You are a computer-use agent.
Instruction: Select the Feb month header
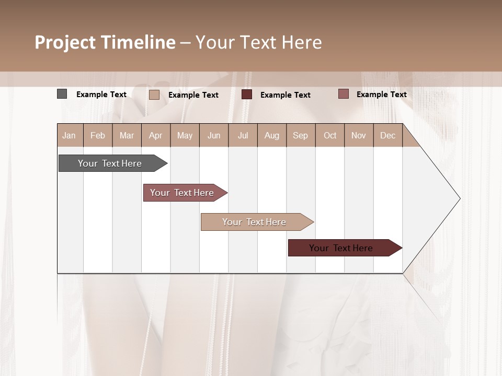98,135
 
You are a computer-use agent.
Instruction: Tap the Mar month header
127,135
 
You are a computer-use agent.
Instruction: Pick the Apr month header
156,135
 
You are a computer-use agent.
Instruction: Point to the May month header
185,135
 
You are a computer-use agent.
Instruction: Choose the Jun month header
214,135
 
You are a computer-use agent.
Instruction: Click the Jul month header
243,135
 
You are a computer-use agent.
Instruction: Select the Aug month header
272,135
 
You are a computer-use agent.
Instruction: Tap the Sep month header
301,135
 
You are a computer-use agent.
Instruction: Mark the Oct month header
330,135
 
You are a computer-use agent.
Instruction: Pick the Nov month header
359,135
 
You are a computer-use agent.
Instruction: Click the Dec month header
388,135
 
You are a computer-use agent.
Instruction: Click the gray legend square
62,94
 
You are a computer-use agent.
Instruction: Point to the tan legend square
154,95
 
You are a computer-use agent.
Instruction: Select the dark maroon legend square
247,95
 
